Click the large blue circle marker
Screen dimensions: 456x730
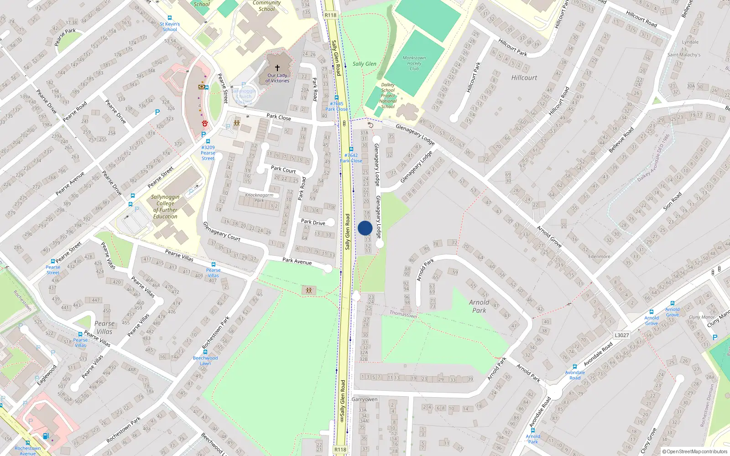[365, 228]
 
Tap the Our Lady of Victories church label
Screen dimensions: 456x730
[277, 78]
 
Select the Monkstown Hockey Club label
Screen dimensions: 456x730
[414, 63]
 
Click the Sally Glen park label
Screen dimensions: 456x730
[365, 64]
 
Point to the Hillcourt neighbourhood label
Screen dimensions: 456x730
[524, 78]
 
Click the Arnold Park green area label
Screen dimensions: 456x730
[479, 306]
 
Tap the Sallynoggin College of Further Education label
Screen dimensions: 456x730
[165, 207]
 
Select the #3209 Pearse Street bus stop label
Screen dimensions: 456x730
[208, 153]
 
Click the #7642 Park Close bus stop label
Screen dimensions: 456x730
[351, 158]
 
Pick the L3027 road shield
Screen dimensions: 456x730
[621, 335]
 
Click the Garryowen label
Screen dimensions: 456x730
[365, 399]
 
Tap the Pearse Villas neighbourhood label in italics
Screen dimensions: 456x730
[104, 327]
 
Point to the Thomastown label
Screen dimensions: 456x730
[403, 314]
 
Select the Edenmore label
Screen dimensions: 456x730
[599, 256]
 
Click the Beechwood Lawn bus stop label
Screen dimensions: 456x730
[205, 361]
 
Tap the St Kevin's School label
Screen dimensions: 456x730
[170, 26]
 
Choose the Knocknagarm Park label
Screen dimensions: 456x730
[259, 197]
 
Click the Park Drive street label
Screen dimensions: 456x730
[313, 222]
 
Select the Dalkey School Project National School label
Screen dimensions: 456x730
[388, 96]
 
